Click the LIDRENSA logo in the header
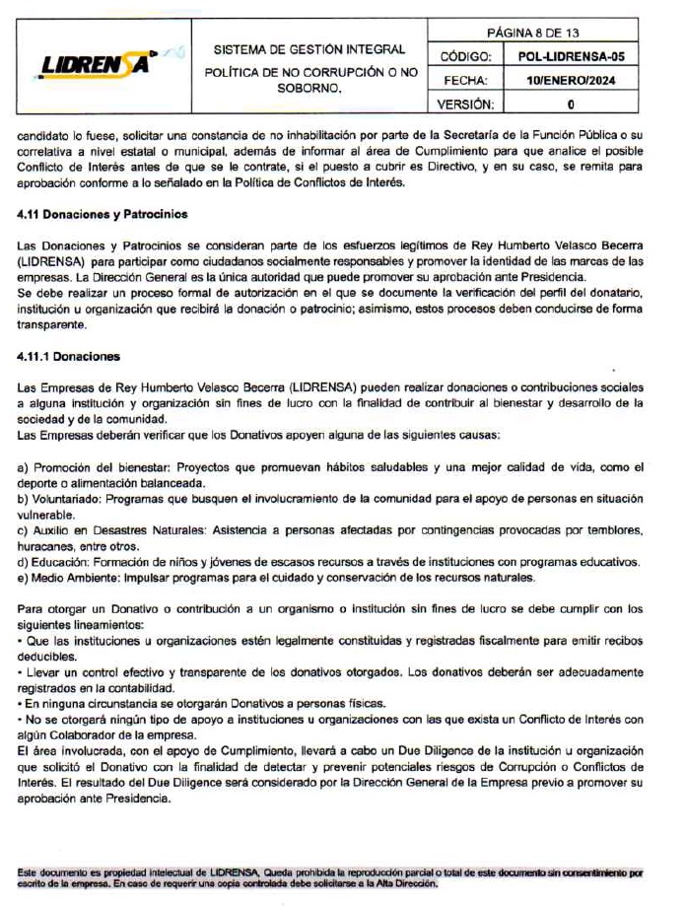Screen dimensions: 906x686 click(96, 65)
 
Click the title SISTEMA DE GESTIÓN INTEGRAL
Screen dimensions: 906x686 click(309, 49)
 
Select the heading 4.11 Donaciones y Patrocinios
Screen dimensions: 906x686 click(103, 213)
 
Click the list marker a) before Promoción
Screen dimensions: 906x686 click(24, 466)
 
